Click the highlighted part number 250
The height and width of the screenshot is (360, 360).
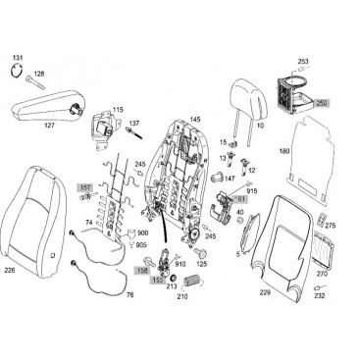tap(322, 103)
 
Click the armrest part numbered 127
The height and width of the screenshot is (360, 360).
tap(46, 105)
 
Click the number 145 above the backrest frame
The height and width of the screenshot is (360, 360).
tap(195, 119)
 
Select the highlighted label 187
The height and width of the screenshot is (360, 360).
tap(85, 187)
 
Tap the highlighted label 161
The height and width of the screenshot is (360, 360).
tap(239, 198)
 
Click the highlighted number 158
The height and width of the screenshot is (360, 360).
tap(143, 271)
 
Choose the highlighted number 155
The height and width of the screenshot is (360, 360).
tap(158, 280)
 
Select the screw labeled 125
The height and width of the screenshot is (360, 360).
tap(199, 252)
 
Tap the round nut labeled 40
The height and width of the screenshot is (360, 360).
tap(240, 220)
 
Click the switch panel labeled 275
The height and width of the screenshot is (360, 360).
tap(322, 220)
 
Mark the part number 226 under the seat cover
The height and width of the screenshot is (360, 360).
tap(10, 270)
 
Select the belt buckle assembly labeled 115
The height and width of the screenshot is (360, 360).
tap(106, 129)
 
